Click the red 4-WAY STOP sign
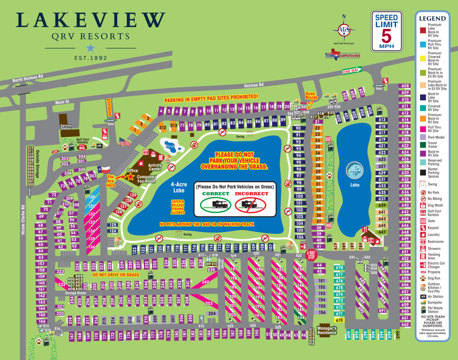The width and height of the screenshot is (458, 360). (311, 255)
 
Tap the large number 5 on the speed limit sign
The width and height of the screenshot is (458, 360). (386, 36)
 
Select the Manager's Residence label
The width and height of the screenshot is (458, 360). (327, 330)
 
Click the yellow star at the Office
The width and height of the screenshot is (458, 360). (131, 177)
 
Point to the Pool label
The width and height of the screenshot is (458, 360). (170, 146)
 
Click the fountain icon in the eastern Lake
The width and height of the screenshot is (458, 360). (355, 171)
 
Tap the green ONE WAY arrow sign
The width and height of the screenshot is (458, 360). (352, 70)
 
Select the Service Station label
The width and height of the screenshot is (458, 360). (66, 127)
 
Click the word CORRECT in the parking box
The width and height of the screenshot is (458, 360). (216, 194)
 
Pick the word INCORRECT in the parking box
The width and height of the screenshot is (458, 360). (251, 194)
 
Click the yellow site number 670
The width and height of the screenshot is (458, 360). (339, 320)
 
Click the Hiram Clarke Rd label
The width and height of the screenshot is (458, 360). (23, 220)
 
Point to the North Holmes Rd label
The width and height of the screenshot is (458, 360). (28, 78)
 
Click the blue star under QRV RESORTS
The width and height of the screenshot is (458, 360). (90, 48)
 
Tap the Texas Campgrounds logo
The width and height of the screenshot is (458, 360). (342, 55)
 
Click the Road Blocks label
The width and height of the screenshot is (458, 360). (311, 95)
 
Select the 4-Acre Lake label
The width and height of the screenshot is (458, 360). (179, 187)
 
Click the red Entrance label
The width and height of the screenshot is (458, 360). (109, 107)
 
